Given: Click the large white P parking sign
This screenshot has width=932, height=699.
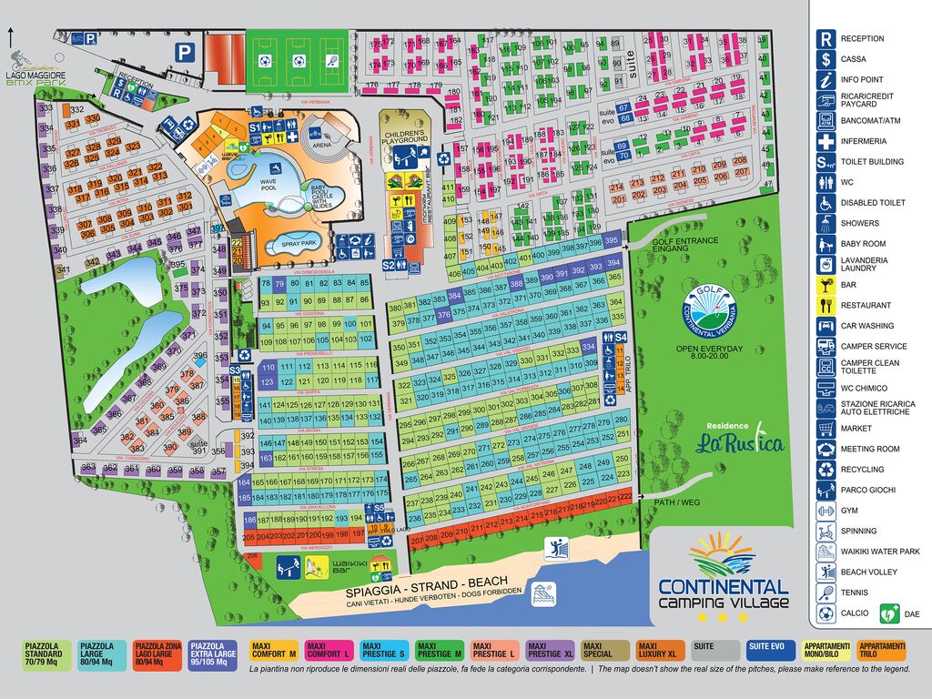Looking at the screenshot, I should pos(185,53).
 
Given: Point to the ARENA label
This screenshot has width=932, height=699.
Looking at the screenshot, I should pos(322,144).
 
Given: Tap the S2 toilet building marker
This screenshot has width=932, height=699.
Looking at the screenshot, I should pos(390,265).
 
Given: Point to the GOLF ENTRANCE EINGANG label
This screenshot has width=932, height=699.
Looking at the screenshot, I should pos(684,245).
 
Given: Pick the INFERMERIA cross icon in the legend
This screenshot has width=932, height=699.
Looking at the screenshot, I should pos(826,141).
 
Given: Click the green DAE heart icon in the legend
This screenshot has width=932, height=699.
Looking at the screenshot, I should pos(888,613).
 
